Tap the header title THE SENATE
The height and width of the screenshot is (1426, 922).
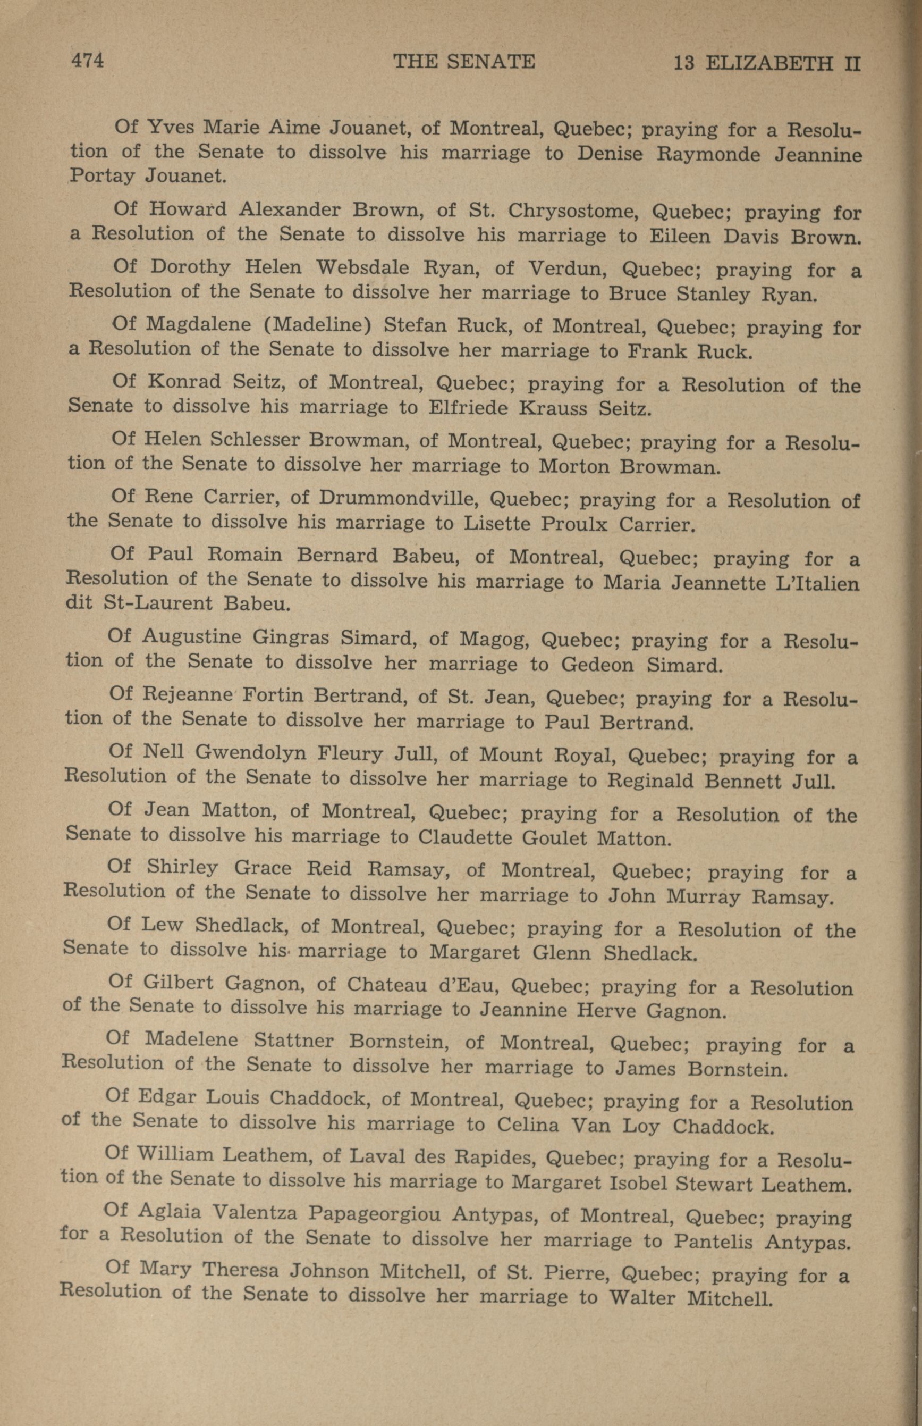click(463, 62)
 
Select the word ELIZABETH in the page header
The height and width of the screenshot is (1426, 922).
click(769, 63)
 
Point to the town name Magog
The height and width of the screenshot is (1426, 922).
click(494, 639)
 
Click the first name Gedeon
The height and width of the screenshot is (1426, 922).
click(595, 665)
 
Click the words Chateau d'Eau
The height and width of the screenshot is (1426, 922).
click(425, 985)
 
